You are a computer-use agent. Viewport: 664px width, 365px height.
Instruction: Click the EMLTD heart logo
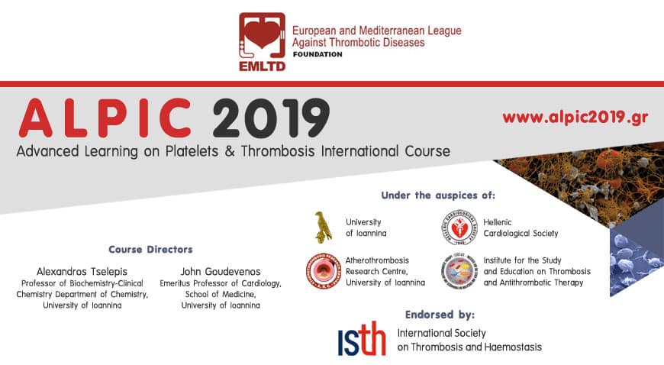click(x=262, y=41)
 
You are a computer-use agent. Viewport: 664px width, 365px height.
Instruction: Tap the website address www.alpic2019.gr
click(x=575, y=117)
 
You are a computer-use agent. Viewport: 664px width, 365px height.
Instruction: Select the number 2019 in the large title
click(x=271, y=118)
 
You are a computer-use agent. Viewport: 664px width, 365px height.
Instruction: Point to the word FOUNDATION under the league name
click(x=317, y=54)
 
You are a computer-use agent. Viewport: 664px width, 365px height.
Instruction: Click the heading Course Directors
click(x=150, y=249)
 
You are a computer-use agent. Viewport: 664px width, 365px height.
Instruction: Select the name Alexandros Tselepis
click(x=82, y=271)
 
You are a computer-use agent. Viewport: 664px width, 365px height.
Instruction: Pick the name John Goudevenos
click(x=221, y=271)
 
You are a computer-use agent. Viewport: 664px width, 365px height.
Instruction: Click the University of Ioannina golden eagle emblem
click(x=323, y=228)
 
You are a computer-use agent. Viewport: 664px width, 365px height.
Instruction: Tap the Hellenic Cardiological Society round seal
click(x=459, y=228)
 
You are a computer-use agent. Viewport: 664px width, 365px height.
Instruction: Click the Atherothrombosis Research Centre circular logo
click(x=323, y=271)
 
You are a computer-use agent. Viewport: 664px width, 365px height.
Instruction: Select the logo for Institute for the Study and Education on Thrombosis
click(x=459, y=271)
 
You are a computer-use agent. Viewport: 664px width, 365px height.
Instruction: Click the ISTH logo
click(x=362, y=339)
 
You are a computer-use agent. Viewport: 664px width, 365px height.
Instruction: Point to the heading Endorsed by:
click(x=440, y=315)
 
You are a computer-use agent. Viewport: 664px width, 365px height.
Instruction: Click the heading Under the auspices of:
click(x=438, y=195)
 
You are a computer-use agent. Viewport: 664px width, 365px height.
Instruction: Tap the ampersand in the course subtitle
click(x=230, y=151)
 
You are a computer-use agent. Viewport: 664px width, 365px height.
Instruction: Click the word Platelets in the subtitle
click(x=192, y=151)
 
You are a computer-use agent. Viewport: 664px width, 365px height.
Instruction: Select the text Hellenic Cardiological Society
click(x=521, y=228)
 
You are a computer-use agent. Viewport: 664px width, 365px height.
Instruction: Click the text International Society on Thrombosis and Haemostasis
click(x=469, y=340)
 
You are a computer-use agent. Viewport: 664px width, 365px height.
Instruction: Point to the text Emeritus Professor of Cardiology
click(x=221, y=283)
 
